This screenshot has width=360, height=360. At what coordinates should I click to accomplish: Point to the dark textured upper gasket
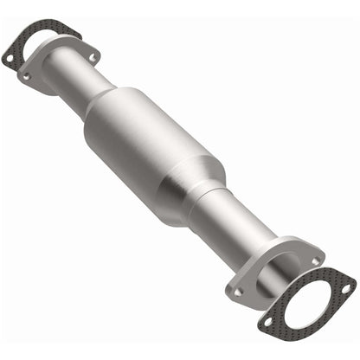tap(35, 35)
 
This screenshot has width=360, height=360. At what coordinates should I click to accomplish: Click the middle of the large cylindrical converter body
tap(156, 143)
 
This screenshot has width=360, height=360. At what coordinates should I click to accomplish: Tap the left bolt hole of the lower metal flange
tap(237, 292)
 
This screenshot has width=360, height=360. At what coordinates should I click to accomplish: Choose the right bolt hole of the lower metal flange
tap(315, 260)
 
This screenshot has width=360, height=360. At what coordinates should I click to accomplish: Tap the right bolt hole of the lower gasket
tap(350, 284)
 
